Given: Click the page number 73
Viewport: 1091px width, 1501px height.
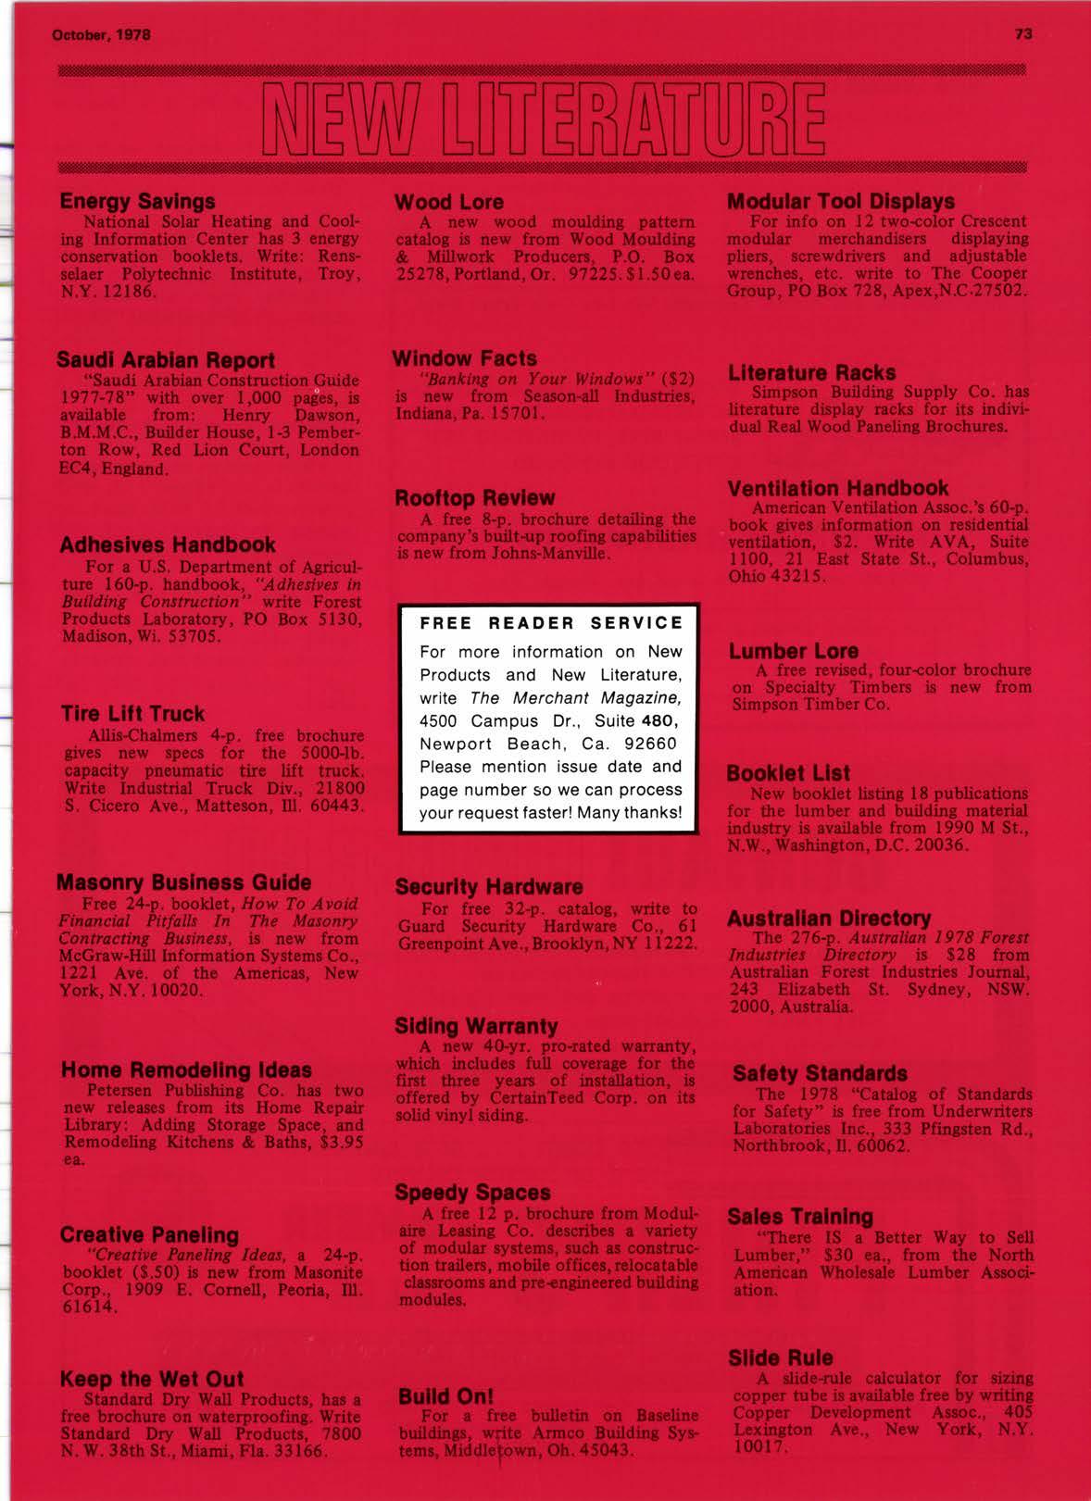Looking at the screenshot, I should point(1023,34).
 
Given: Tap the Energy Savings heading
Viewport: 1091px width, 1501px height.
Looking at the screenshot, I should point(137,201).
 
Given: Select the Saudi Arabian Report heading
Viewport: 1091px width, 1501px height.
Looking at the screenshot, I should point(166,359).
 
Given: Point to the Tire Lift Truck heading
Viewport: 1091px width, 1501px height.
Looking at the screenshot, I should point(132,714).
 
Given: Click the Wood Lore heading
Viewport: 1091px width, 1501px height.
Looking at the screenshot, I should point(449,202).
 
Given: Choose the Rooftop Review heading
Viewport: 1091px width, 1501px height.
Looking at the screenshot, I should point(474,498).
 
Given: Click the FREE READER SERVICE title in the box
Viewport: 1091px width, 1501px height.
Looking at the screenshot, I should point(551,623).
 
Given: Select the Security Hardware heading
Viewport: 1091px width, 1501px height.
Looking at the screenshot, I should point(488,887).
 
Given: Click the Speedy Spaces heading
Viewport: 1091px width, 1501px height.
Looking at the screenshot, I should point(472,1193).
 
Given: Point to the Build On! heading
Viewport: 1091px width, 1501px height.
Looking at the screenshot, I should point(445,1396).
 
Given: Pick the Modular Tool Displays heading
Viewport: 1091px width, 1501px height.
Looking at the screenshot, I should point(841,201).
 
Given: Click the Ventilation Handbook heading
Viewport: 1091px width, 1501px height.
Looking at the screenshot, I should point(838,488).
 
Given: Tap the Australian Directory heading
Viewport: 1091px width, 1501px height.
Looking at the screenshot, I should point(829,918).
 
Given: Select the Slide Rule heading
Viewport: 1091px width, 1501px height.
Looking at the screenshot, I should point(780,1358).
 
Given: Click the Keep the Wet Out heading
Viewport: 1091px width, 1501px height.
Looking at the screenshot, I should point(152,1380).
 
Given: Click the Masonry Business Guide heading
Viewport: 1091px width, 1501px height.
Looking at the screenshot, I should point(184,882).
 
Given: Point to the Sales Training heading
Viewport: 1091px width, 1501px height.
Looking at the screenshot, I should point(800,1217).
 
